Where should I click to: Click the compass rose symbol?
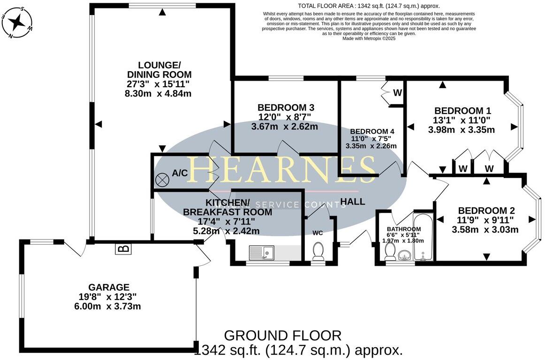click(x=18, y=21)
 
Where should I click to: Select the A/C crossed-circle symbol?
click(x=163, y=179)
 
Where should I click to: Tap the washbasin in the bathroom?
click(x=404, y=255)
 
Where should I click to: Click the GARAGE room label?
click(x=108, y=287)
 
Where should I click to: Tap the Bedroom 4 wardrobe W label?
click(x=397, y=93)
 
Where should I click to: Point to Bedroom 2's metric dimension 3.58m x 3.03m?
click(x=485, y=230)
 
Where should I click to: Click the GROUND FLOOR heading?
click(x=282, y=335)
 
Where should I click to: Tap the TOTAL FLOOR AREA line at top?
click(x=370, y=6)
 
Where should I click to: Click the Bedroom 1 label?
click(x=462, y=111)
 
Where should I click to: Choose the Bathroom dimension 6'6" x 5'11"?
click(x=403, y=235)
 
